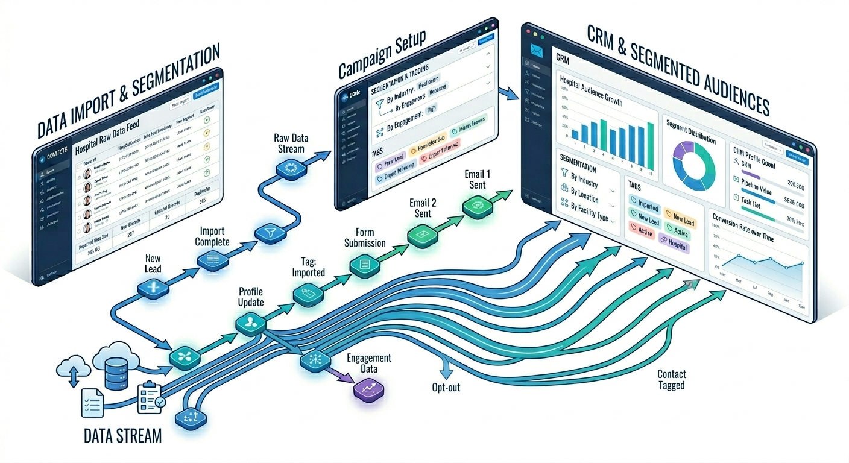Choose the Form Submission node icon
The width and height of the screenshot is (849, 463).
click(x=365, y=263)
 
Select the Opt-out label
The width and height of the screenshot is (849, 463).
click(x=446, y=387)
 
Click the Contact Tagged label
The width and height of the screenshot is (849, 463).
click(x=671, y=380)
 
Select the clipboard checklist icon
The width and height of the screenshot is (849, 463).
click(x=150, y=397)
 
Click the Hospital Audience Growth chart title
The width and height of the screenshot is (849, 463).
click(x=591, y=91)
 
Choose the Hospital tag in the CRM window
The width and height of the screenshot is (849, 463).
click(x=674, y=247)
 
